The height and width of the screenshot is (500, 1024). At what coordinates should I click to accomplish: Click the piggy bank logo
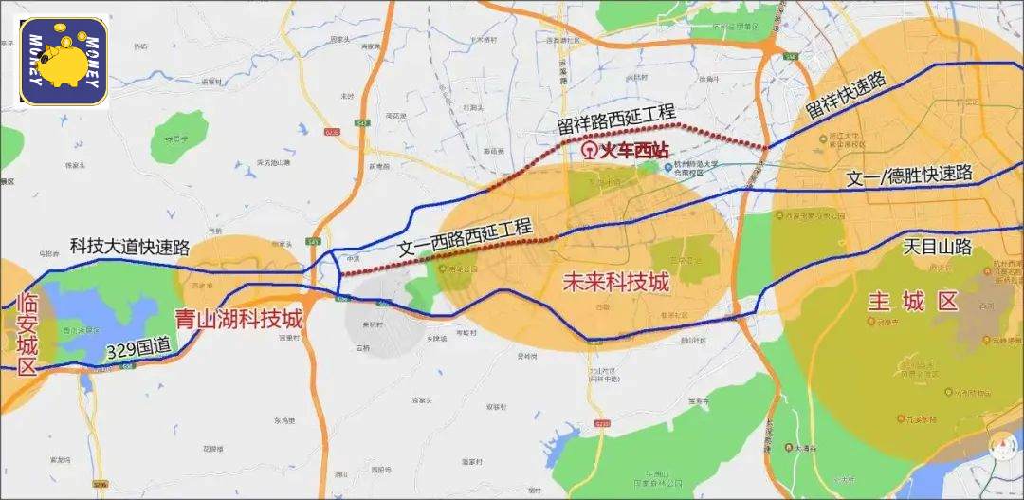pos(64,62)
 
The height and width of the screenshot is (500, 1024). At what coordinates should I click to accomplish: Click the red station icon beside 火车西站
pos(589,151)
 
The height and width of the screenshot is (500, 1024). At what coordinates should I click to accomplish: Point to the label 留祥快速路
pos(846,98)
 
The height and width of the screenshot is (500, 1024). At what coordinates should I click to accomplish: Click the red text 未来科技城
pos(615,282)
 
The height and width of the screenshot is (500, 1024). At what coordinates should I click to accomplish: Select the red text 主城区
pos(914,303)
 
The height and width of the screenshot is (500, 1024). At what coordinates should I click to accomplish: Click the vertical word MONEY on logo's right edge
pos(93,63)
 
